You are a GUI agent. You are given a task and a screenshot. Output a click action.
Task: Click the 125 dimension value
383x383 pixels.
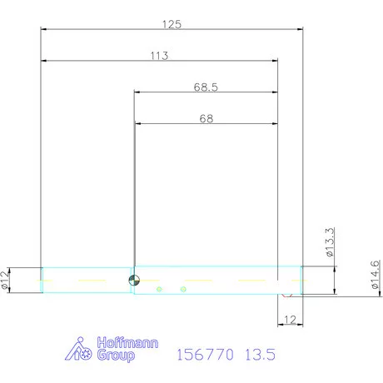(x=172, y=24)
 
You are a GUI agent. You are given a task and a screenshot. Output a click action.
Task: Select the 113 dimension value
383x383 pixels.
(x=159, y=56)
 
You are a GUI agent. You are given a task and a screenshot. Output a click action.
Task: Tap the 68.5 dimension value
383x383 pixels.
(x=206, y=87)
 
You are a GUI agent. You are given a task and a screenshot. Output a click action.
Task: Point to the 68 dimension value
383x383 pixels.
(x=206, y=119)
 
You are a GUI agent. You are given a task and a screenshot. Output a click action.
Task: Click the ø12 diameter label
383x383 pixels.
(x=5, y=281)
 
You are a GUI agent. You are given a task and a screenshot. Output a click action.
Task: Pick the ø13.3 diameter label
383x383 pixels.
(x=330, y=242)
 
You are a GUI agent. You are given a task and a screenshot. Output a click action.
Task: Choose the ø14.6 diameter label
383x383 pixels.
(x=375, y=275)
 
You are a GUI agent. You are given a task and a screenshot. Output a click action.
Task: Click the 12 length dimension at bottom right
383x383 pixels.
(x=290, y=320)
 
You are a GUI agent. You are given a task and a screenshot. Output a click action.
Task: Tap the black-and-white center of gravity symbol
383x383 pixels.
(x=134, y=280)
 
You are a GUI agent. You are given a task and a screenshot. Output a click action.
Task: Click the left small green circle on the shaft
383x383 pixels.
(x=159, y=289)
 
